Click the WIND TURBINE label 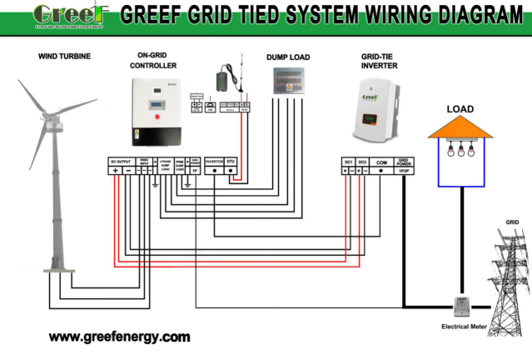[64, 57]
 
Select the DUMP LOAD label [288, 57]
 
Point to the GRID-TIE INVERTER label [378, 61]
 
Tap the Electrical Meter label [464, 327]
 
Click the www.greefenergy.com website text [119, 337]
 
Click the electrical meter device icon [457, 306]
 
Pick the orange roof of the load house [460, 126]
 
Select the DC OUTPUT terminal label [122, 160]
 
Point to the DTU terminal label [232, 160]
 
